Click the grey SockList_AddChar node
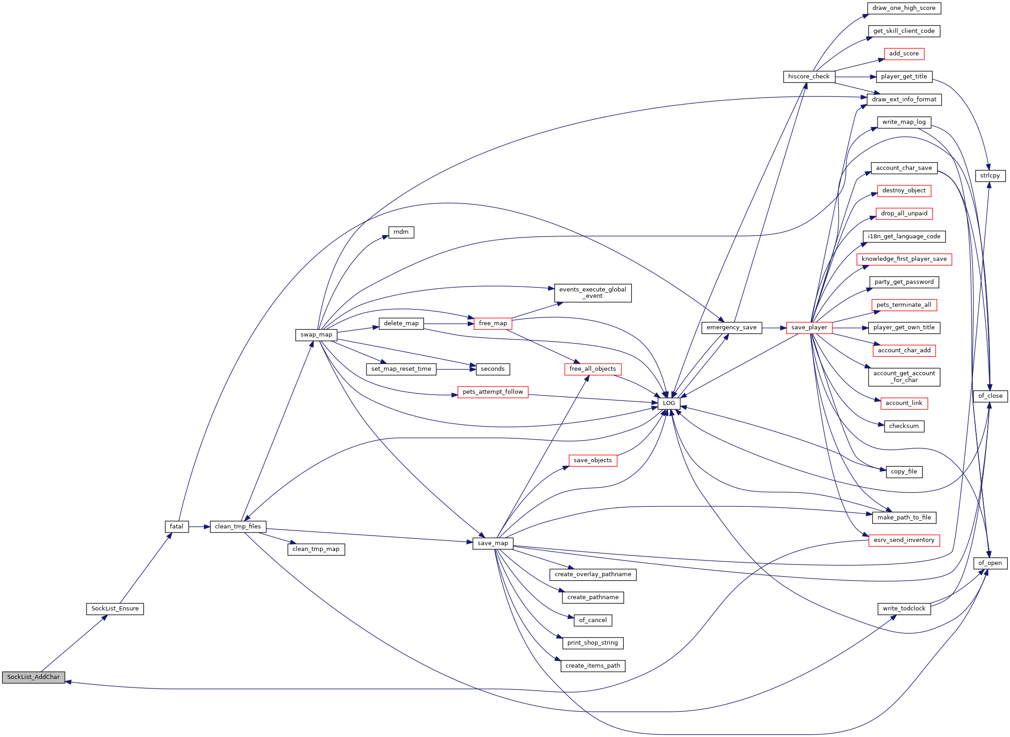click(x=33, y=677)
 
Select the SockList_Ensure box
click(x=115, y=609)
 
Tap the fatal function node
click(x=177, y=527)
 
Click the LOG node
click(x=669, y=403)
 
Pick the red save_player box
click(x=809, y=328)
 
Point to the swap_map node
click(x=316, y=335)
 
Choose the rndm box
click(x=401, y=232)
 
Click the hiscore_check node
click(x=809, y=77)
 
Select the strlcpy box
click(x=990, y=176)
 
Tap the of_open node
click(x=990, y=563)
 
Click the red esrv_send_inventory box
click(x=904, y=540)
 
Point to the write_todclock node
click(x=904, y=609)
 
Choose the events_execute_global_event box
click(x=593, y=293)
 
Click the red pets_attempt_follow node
click(x=493, y=392)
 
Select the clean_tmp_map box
click(x=316, y=550)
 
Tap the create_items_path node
click(x=593, y=666)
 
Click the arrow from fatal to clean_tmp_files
click(x=199, y=527)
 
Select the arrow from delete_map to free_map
click(x=449, y=324)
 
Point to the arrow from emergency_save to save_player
click(x=774, y=328)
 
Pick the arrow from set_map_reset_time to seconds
click(x=456, y=369)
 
